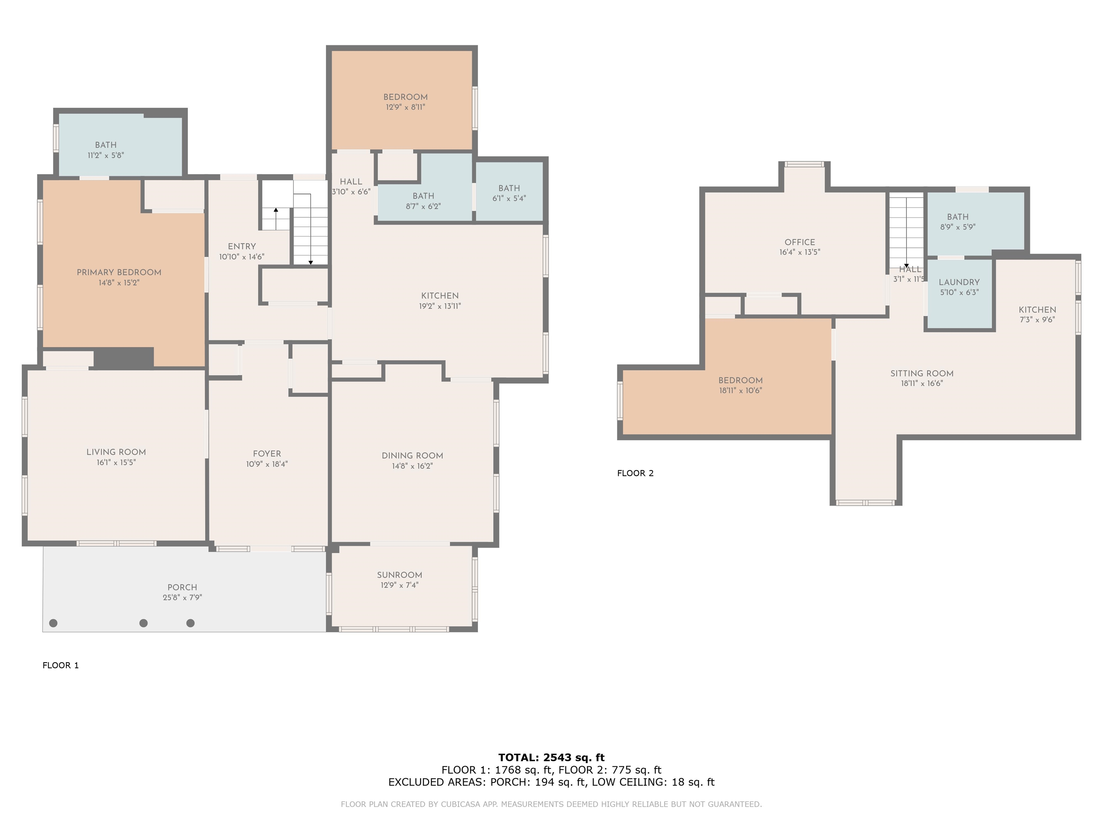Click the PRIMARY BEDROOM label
[x=119, y=272]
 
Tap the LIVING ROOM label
[x=116, y=452]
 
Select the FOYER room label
[x=267, y=454]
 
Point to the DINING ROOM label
[x=413, y=455]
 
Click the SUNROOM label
[x=399, y=575]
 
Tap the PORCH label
[x=182, y=587]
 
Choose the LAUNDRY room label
[x=959, y=282]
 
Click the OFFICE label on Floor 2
[x=800, y=242]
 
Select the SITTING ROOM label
[x=922, y=373]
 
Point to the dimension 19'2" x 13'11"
[x=440, y=306]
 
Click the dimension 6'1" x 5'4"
[x=509, y=198]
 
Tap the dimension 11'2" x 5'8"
[x=106, y=155]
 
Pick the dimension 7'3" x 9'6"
[x=1037, y=319]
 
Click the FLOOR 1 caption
[x=61, y=665]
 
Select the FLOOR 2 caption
[x=635, y=473]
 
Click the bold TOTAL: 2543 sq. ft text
[x=551, y=758]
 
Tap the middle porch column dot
[x=144, y=623]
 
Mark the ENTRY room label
[x=242, y=246]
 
